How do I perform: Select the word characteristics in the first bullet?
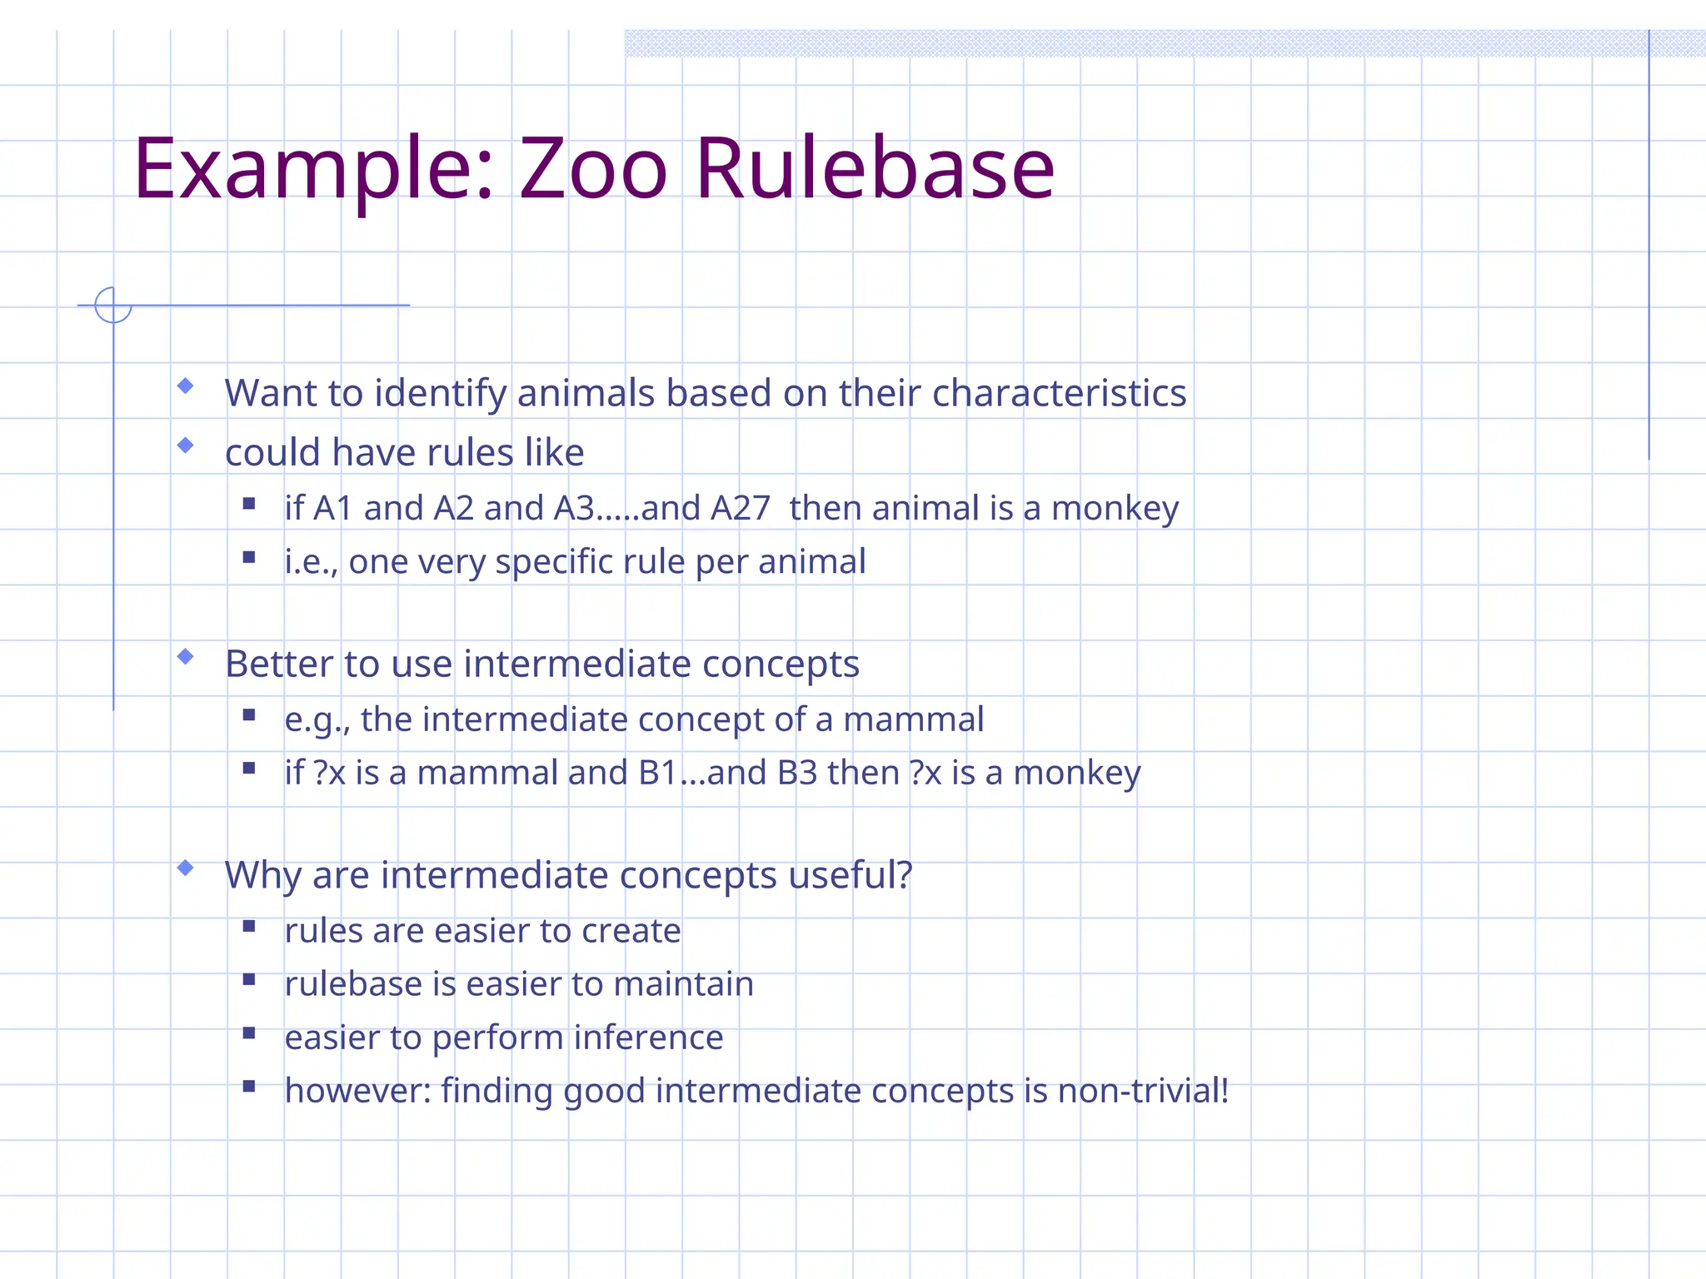tap(1059, 393)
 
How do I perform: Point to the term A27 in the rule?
tap(740, 508)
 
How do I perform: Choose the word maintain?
tap(683, 984)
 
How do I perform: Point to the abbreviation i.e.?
tap(311, 562)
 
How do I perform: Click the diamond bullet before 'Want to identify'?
tap(186, 386)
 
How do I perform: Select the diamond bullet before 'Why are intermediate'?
tap(186, 868)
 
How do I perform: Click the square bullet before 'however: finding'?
tap(249, 1086)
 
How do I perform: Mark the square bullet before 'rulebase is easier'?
tap(249, 979)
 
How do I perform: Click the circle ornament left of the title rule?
tap(113, 305)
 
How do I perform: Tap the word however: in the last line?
tap(357, 1091)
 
